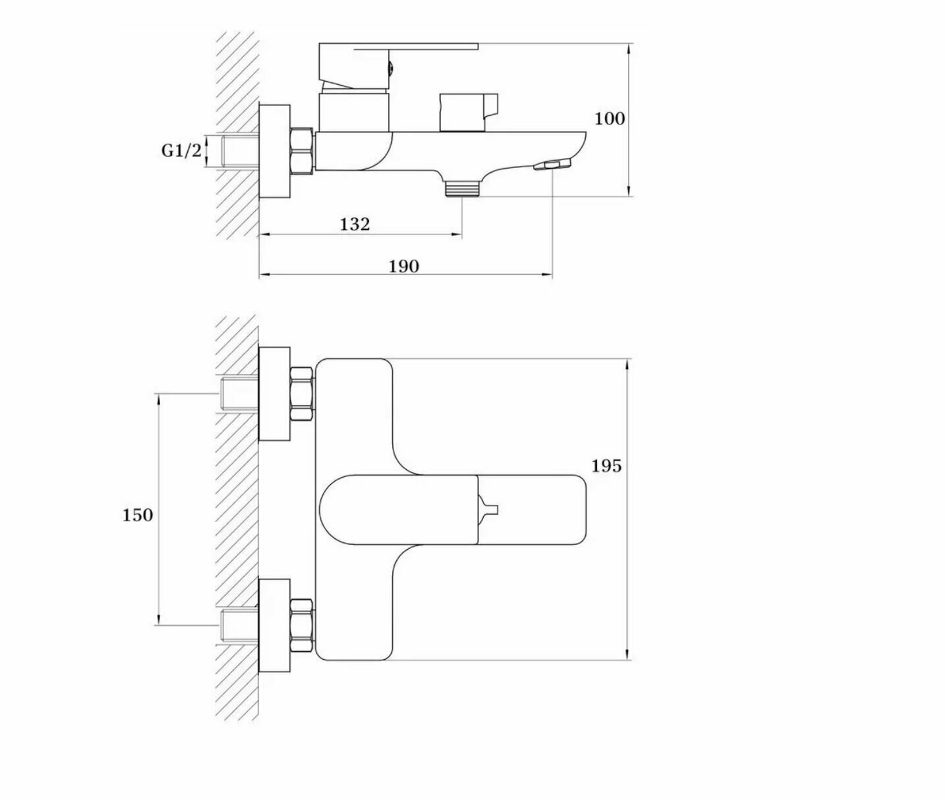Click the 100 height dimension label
609,119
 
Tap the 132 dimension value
355,224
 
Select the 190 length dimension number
403,266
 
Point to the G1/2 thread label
181,150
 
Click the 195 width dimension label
606,466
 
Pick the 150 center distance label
137,515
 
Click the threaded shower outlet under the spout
461,188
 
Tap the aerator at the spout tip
552,165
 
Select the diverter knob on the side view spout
469,112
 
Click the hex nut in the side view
302,151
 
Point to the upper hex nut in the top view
301,394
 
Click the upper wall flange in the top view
274,393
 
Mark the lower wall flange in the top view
274,625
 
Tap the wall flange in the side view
274,150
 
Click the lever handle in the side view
395,50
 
